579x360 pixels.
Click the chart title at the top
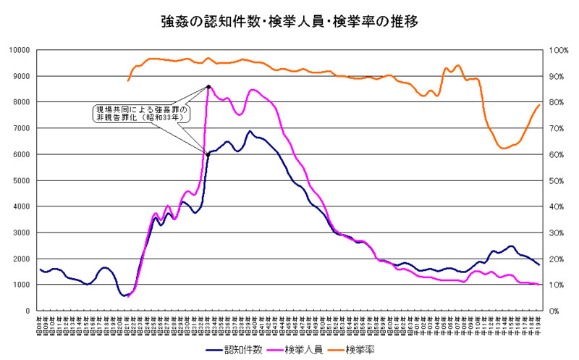[x=289, y=22]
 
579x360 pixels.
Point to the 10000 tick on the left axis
[x=18, y=50]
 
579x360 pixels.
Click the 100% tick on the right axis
[x=561, y=50]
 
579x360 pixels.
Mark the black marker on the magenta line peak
[x=208, y=87]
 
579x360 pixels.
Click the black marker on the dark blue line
[x=208, y=154]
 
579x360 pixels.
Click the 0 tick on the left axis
[x=27, y=311]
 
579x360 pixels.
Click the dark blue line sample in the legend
[x=211, y=350]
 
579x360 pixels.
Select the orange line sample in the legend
[x=334, y=350]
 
